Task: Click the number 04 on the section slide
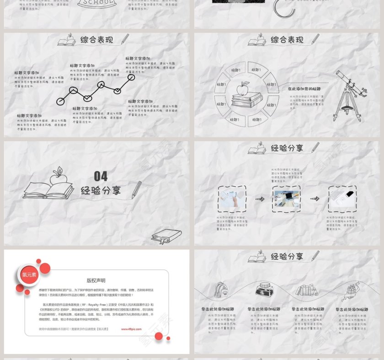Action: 101,176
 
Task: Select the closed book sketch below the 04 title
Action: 167,236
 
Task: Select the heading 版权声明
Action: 96,281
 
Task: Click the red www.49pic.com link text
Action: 131,328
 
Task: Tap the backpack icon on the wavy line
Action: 221,290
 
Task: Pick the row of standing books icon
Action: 307,290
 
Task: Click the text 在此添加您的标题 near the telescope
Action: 304,89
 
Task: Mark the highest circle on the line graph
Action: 131,77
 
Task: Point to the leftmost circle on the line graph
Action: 60,101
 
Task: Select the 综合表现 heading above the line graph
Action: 96,40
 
